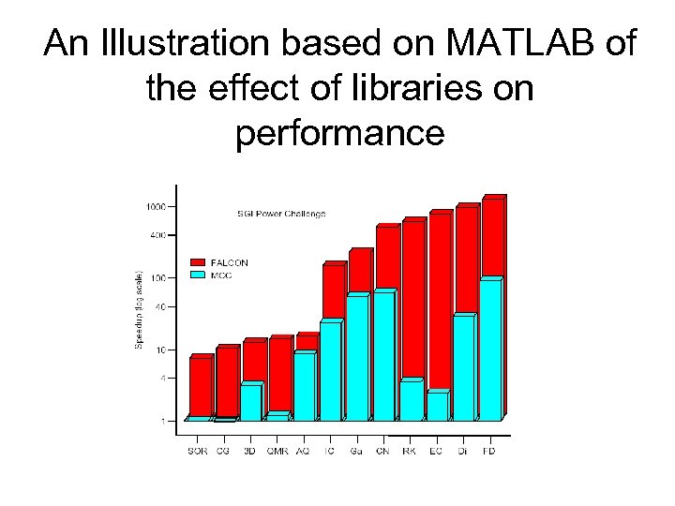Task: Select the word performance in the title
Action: pos(338,134)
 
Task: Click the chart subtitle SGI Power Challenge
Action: pos(280,214)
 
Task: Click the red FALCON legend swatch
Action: pos(198,262)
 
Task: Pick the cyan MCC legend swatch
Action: pos(198,275)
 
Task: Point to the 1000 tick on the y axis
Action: pos(156,206)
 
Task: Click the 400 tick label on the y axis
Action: pos(157,235)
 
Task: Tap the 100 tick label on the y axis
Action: pos(157,278)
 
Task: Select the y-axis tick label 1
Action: pos(163,421)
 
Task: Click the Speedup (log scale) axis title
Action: pos(139,310)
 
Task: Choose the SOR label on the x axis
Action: pos(197,451)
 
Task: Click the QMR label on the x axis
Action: pos(277,451)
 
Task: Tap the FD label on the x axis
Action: pos(489,451)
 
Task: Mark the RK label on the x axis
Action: pos(410,451)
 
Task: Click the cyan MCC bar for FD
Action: pos(489,350)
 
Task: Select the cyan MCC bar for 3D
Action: pos(249,402)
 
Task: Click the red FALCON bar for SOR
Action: pos(200,386)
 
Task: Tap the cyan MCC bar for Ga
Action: pos(356,358)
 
